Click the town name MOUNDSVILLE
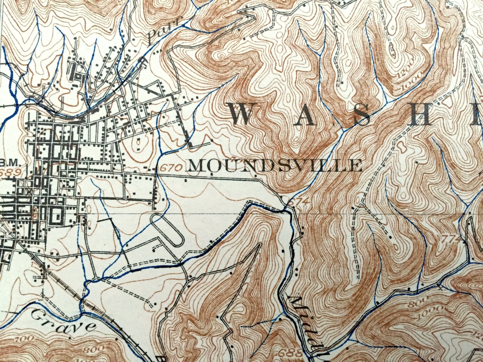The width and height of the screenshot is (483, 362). tap(275, 165)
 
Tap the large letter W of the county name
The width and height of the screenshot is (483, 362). tap(243, 115)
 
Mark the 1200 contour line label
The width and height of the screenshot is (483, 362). tap(409, 66)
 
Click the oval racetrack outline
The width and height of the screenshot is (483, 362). tap(168, 230)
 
